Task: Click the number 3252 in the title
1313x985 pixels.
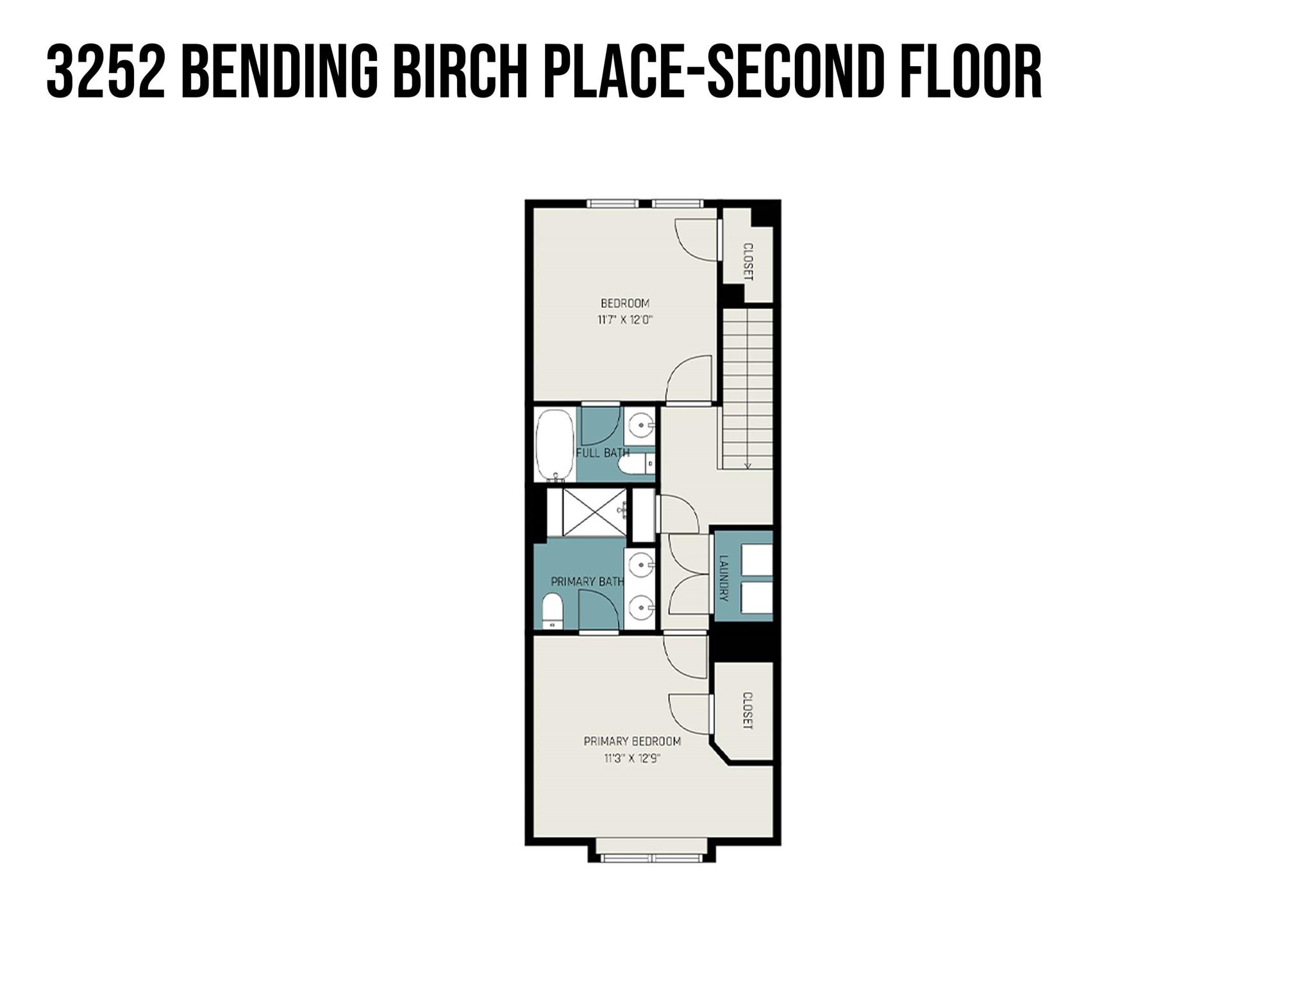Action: coord(105,72)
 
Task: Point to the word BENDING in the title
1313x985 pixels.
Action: coord(279,72)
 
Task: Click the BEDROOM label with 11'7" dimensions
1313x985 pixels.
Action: coord(624,303)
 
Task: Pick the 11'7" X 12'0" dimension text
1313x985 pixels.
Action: coord(624,320)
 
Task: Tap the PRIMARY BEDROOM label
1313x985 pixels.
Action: coord(631,741)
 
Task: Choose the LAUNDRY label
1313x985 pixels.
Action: coord(724,578)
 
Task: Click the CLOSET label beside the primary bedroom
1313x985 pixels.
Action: coord(747,711)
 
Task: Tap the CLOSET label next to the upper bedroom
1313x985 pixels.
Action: coord(747,261)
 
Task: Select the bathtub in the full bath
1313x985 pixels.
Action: coord(555,445)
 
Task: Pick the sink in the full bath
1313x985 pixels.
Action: coord(640,424)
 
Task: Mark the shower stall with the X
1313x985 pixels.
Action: coord(594,511)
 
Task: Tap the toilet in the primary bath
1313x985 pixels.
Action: coord(552,610)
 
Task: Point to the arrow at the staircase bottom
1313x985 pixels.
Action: coord(747,465)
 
